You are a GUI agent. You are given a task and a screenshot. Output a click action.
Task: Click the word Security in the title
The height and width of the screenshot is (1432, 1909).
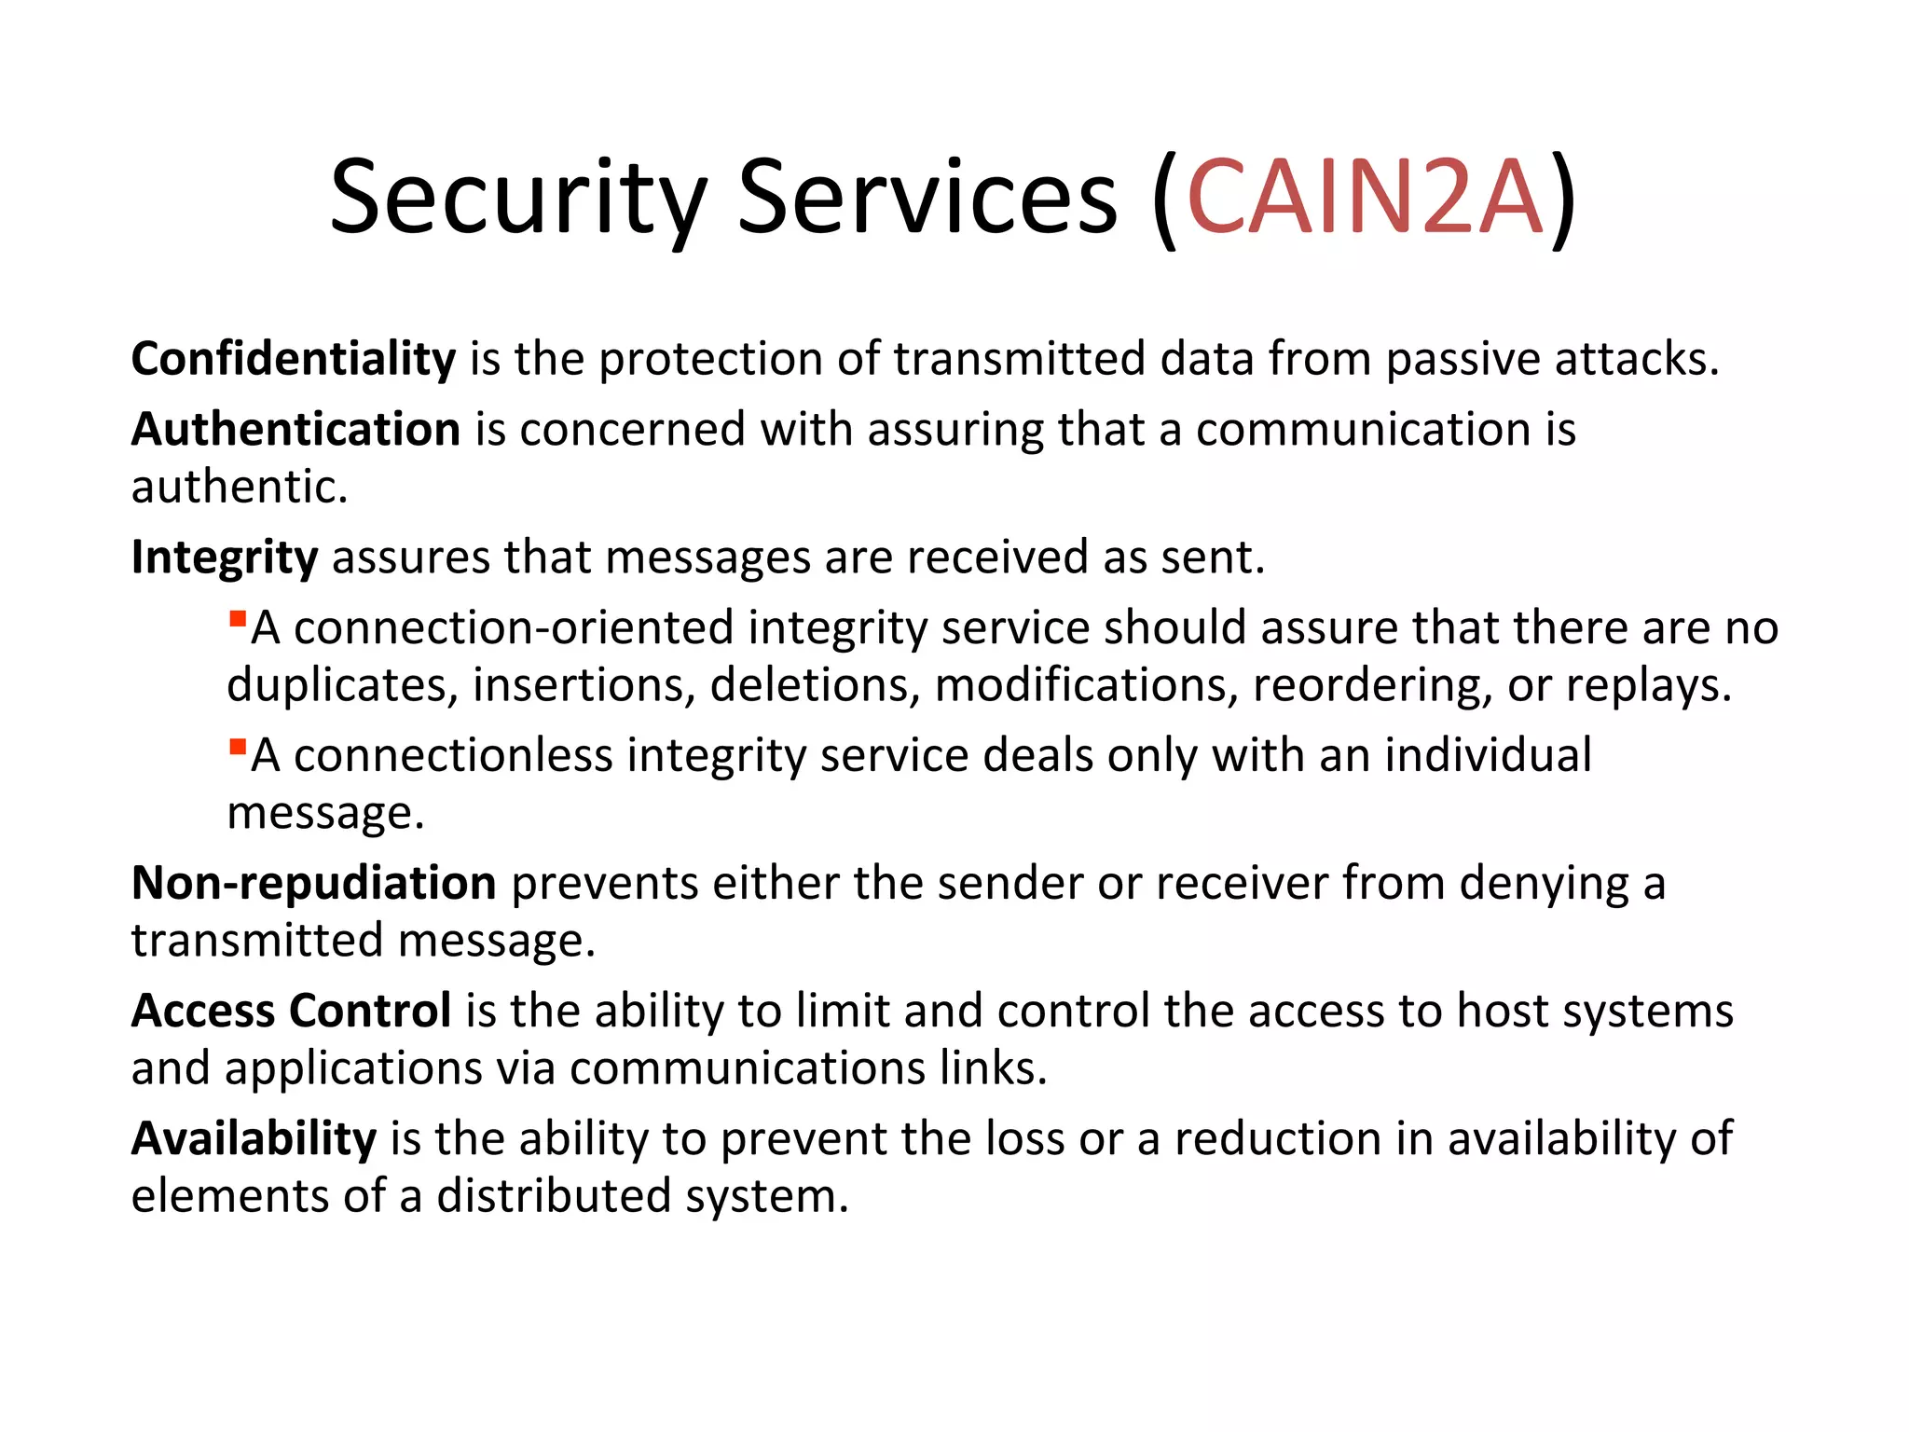point(518,198)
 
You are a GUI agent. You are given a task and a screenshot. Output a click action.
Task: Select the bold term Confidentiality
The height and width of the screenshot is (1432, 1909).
point(294,359)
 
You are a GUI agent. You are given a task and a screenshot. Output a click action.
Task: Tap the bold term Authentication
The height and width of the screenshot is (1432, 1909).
point(295,430)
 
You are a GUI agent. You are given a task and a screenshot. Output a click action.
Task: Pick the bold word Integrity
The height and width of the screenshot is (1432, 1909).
point(225,558)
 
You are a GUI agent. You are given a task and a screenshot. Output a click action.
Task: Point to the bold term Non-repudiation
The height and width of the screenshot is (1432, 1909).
point(314,883)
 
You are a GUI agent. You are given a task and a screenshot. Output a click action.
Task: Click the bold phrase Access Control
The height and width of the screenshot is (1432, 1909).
point(292,1011)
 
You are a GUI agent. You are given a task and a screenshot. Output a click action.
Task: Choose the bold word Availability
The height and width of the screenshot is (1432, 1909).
point(254,1138)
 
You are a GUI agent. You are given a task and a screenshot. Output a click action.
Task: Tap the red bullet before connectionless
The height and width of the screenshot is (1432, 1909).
point(238,747)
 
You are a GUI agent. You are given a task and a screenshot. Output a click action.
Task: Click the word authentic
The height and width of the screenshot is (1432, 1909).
point(240,487)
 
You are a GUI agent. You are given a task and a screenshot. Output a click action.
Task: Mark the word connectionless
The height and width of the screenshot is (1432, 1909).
point(453,755)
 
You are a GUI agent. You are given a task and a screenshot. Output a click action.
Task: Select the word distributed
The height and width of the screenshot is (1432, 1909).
point(554,1196)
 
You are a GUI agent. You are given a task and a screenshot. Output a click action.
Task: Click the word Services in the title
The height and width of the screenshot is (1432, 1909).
point(927,198)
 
